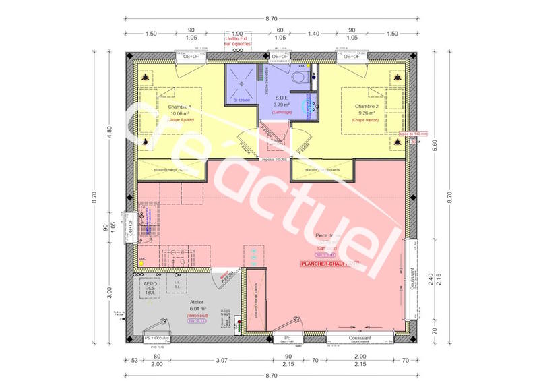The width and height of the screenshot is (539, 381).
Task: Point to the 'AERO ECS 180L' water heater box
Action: point(151,289)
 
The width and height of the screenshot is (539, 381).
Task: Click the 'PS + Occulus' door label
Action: point(156,336)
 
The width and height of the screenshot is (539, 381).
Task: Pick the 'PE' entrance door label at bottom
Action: point(287,336)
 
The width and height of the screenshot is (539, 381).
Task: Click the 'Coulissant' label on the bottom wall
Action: point(361,336)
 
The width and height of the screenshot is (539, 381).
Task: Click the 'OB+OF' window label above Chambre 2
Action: point(351,57)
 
